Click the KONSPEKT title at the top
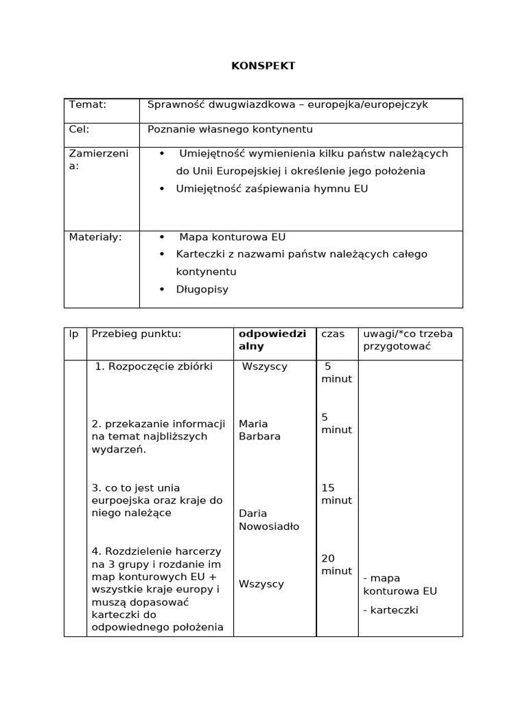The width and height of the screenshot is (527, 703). pos(263,66)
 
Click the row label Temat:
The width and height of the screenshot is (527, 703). pos(88,104)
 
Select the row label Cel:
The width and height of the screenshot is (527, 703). pos(80,128)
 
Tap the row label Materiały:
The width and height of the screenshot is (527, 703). pos(95,237)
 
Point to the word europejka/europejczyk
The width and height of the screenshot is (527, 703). pos(367,104)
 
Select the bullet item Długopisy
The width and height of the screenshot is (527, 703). pos(202,289)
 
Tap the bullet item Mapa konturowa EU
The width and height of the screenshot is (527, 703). pos(232,237)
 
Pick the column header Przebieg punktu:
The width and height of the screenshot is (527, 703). pos(136,334)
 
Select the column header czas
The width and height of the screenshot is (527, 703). pos(333,334)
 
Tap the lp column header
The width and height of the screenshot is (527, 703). pos(74,334)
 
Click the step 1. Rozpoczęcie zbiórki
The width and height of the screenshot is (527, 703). pos(154,367)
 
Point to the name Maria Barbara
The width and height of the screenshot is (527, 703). pos(259,430)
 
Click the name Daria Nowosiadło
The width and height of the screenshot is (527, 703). pos(268,520)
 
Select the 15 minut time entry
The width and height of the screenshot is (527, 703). pos(336,494)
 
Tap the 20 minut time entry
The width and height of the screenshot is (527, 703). pos(336,564)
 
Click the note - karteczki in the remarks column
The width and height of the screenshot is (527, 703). pos(390,610)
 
